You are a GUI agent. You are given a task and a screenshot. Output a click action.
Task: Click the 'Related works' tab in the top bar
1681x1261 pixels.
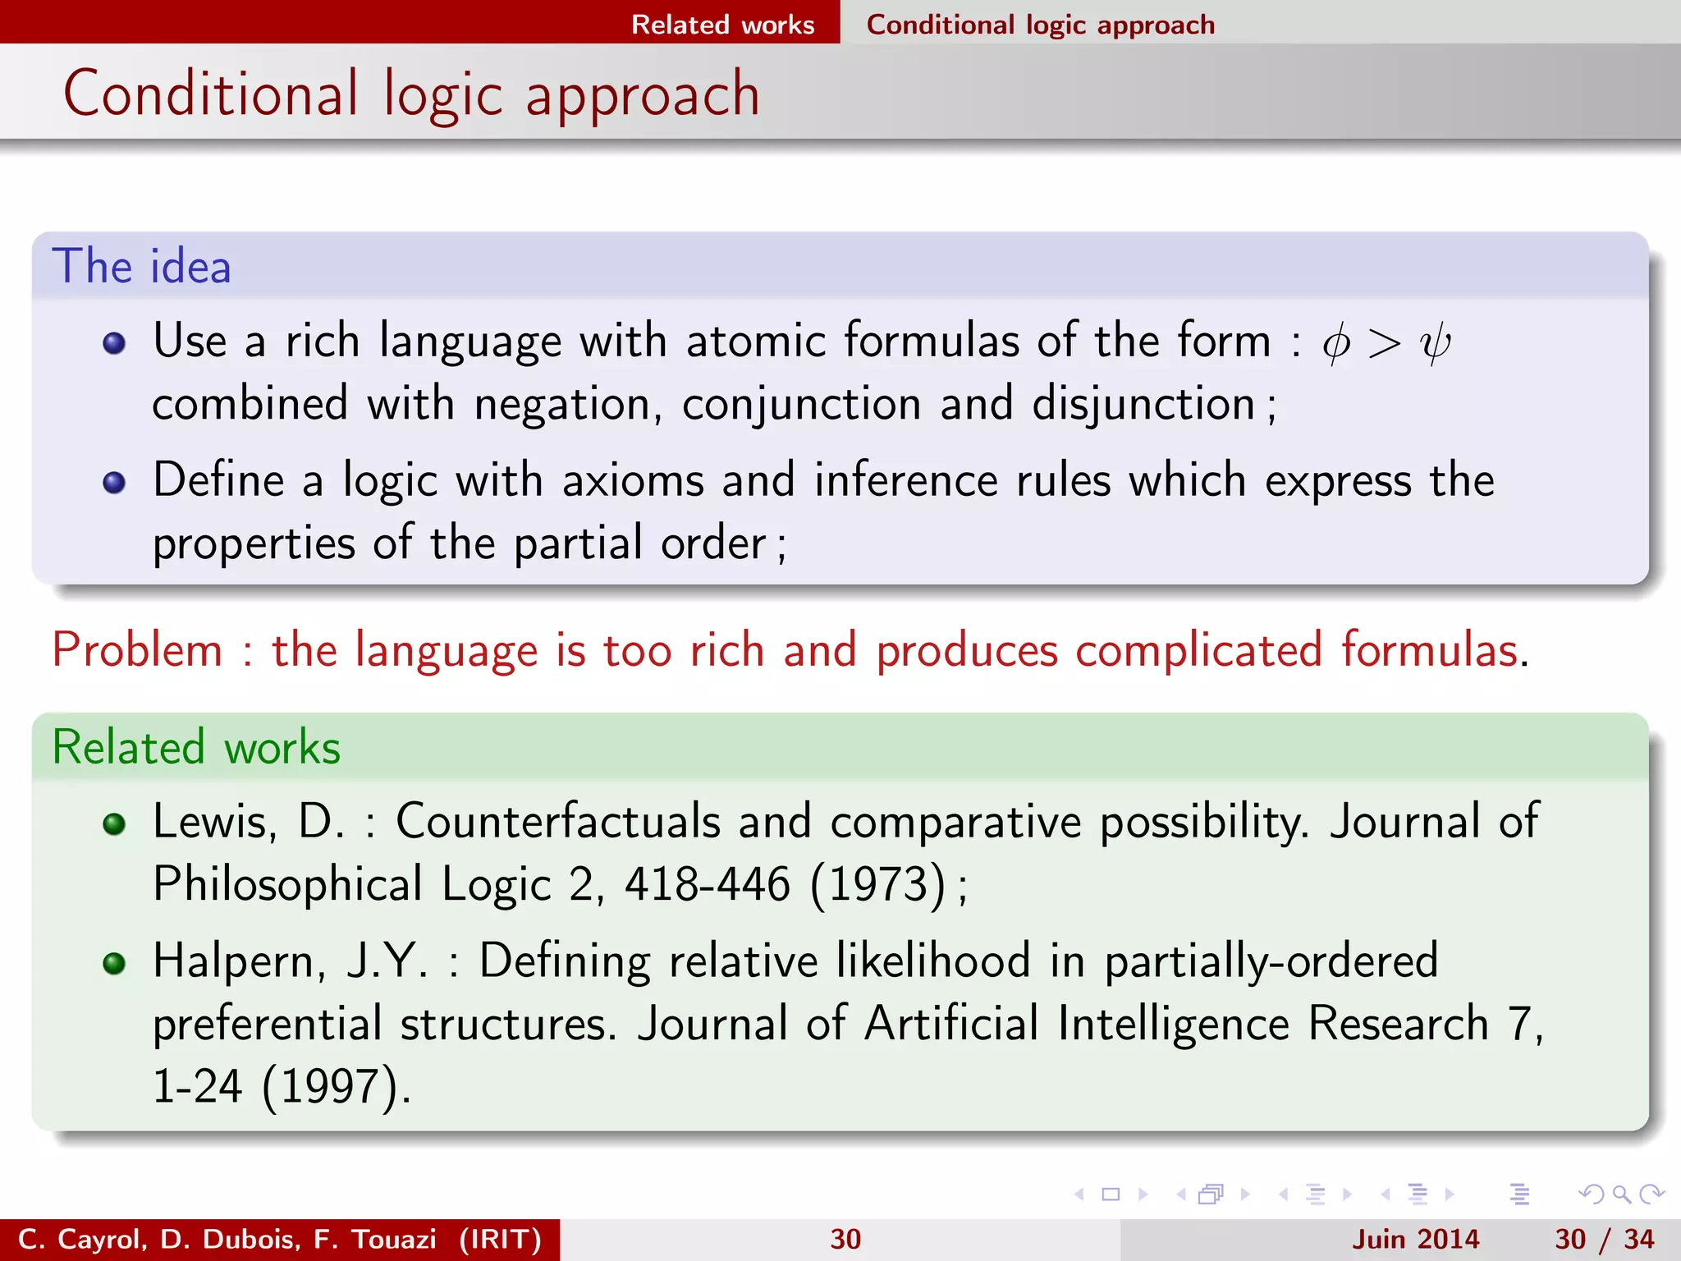(x=722, y=25)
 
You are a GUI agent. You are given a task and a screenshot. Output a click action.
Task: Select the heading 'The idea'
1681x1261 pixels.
(x=141, y=266)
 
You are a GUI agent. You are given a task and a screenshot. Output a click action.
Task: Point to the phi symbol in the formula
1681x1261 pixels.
(x=1336, y=343)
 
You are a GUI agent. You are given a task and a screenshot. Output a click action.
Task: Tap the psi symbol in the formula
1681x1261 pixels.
(x=1435, y=343)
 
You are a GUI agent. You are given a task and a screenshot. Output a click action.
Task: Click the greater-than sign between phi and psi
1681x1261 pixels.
(x=1384, y=343)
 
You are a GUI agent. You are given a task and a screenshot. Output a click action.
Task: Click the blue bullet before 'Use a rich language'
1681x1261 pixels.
(x=114, y=342)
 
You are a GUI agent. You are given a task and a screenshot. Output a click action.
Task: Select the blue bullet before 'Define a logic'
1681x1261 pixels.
(x=114, y=482)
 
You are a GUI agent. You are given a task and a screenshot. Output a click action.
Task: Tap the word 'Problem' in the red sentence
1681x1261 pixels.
(x=137, y=650)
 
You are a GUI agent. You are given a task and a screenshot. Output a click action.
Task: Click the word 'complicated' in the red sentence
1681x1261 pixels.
(x=1198, y=650)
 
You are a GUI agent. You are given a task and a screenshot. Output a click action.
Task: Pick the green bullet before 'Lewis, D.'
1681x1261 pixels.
(x=114, y=823)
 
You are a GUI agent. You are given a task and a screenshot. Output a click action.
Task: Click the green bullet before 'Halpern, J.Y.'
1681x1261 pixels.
(x=114, y=962)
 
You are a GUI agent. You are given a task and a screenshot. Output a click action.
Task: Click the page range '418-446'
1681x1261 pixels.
(x=708, y=885)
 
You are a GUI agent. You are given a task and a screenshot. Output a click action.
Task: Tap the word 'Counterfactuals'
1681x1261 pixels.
(x=558, y=821)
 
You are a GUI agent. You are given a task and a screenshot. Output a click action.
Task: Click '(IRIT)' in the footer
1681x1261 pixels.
(x=501, y=1239)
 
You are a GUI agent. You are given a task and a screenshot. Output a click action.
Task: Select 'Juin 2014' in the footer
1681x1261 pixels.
(x=1416, y=1239)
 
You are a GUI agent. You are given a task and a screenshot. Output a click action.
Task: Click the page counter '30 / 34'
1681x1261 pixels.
(x=1605, y=1239)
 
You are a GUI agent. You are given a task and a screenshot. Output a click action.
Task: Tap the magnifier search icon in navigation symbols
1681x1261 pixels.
(x=1621, y=1195)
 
